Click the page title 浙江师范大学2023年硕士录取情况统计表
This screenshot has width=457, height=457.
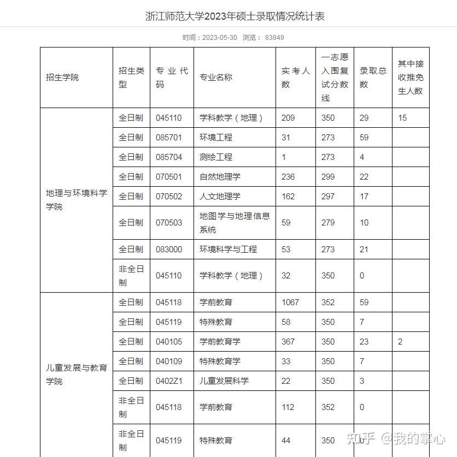click(235, 16)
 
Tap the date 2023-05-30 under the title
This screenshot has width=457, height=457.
click(220, 38)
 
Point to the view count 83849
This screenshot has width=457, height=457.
click(274, 38)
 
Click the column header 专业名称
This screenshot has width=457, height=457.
click(216, 78)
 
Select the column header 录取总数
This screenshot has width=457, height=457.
click(373, 78)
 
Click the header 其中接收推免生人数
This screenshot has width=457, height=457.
click(411, 78)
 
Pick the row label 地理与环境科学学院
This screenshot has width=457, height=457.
click(77, 200)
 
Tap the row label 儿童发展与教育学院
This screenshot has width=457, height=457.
click(77, 374)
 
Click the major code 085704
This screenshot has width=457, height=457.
click(169, 157)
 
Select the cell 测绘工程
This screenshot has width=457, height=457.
click(216, 157)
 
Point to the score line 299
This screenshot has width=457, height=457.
click(328, 177)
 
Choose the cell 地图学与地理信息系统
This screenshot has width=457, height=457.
click(235, 223)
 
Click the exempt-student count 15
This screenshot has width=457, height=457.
click(402, 118)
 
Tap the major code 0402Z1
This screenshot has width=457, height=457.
click(169, 381)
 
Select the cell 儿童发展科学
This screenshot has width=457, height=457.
click(224, 381)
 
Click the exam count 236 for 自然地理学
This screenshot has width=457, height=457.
click(288, 177)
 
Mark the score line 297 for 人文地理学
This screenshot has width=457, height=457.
click(328, 197)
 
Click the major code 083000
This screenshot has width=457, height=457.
click(169, 250)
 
